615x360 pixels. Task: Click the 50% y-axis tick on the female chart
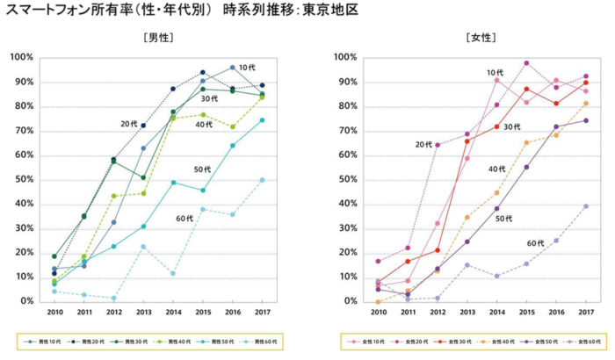pyautogui.click(x=346, y=180)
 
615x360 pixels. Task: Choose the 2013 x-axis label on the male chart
pyautogui.click(x=143, y=312)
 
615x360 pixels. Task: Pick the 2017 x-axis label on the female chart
pyautogui.click(x=586, y=312)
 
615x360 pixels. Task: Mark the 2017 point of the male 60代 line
pyautogui.click(x=262, y=180)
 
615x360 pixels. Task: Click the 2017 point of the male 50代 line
pyautogui.click(x=262, y=120)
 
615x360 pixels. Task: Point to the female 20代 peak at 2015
pyautogui.click(x=526, y=63)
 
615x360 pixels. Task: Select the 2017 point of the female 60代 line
pyautogui.click(x=586, y=206)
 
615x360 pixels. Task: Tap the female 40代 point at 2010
pyautogui.click(x=378, y=301)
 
